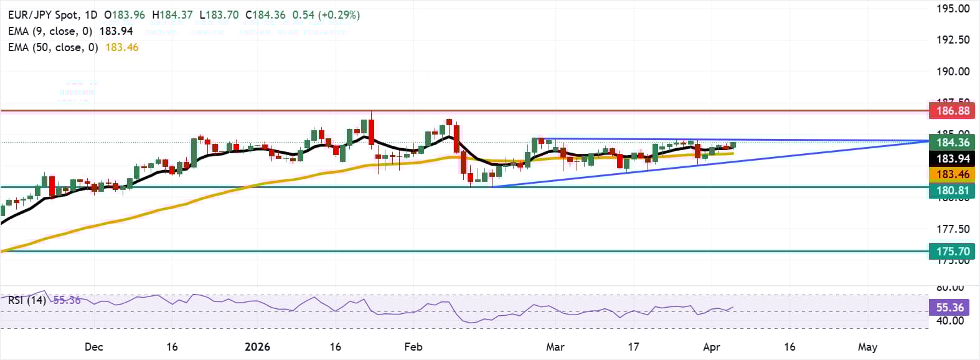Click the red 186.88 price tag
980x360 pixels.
953,111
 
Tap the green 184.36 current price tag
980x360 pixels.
953,143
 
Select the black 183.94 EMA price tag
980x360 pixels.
953,159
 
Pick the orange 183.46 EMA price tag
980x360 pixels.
953,174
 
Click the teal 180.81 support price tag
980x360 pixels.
953,191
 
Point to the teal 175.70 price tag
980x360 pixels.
953,252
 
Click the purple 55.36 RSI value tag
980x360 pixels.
949,308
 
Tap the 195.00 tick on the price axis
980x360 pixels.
953,9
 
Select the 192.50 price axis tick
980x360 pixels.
953,40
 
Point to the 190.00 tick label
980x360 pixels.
953,72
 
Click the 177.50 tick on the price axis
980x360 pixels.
953,229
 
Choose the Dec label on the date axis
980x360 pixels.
93,347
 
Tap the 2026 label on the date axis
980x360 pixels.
257,347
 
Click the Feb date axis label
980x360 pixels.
413,347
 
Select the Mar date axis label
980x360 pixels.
555,347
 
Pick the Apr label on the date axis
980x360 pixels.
711,347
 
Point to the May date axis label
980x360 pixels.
867,347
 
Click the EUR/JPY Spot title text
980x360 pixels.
44,15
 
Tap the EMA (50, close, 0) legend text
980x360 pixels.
53,47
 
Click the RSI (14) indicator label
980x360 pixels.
27,300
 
